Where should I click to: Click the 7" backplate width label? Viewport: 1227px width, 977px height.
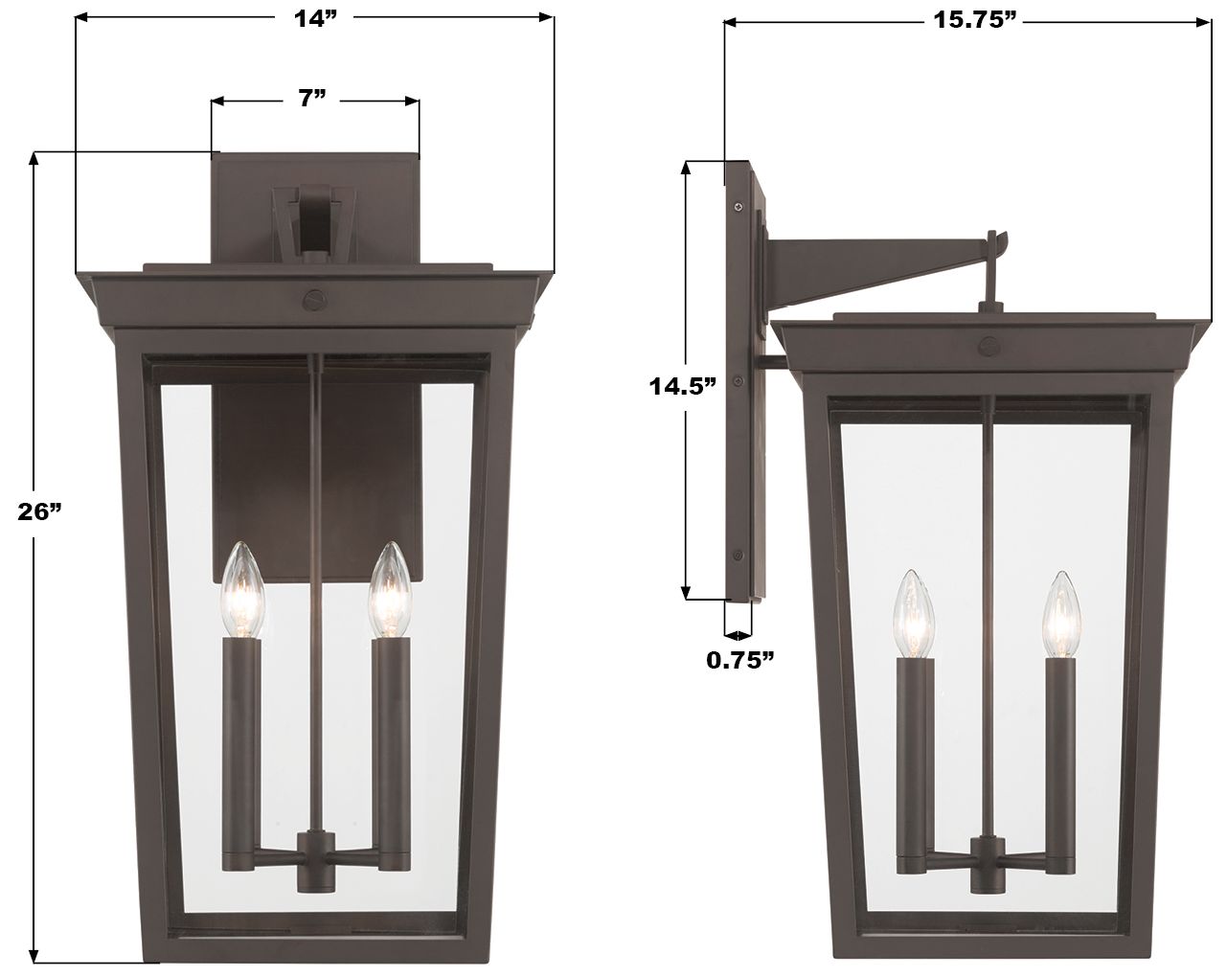[x=312, y=99]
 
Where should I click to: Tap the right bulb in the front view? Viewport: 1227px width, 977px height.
[x=390, y=590]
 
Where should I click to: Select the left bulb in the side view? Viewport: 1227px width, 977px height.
[x=912, y=614]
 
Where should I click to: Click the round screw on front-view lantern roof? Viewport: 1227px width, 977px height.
[x=313, y=300]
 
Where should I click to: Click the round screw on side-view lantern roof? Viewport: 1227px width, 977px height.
[x=989, y=346]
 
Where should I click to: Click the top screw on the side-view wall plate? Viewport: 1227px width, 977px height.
[x=738, y=205]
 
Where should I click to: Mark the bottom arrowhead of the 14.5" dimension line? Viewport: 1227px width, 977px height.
[x=687, y=591]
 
